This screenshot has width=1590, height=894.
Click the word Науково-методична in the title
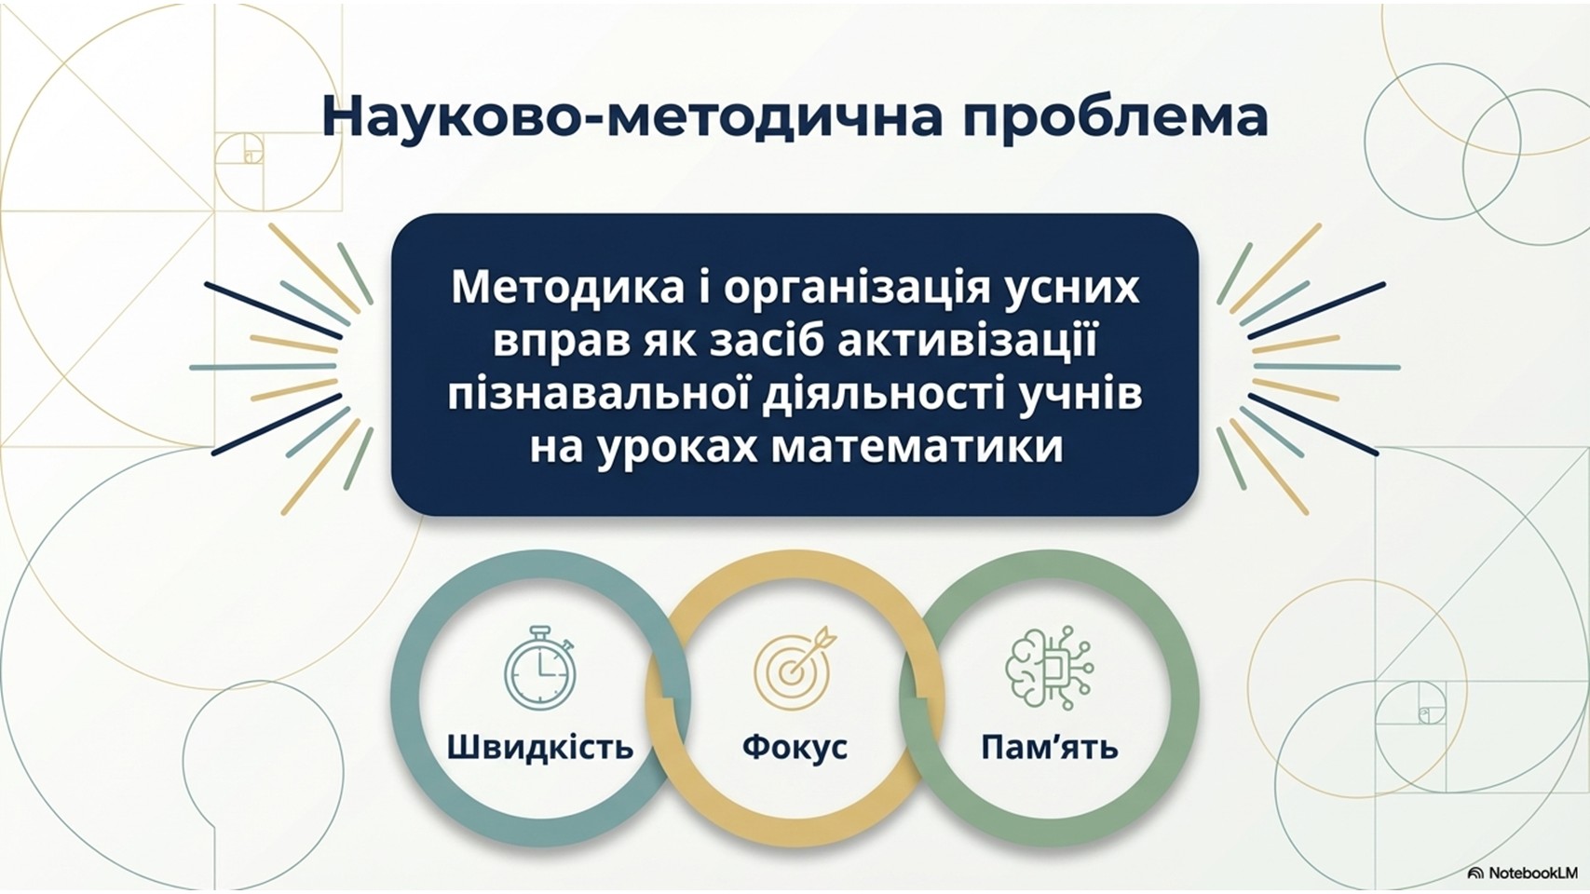633,117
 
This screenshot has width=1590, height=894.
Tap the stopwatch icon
540,667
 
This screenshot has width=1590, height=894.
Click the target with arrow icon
792,664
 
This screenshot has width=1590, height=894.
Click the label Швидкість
540,747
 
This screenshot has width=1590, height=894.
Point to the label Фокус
795,747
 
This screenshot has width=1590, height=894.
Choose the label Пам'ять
1050,747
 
